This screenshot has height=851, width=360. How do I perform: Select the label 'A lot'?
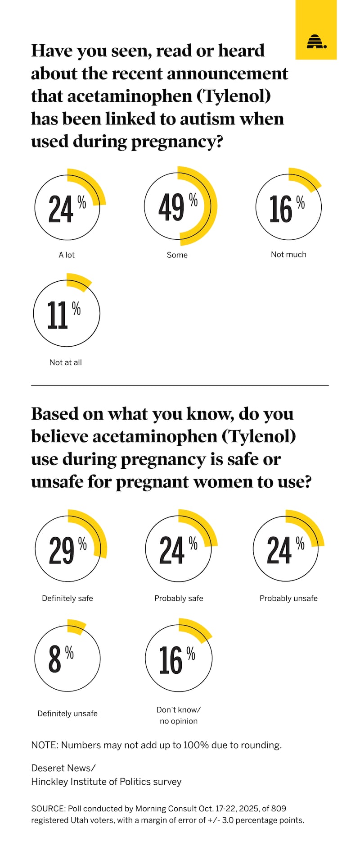click(x=67, y=255)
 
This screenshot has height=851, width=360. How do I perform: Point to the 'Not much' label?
click(x=288, y=254)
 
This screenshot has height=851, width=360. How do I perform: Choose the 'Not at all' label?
click(x=66, y=362)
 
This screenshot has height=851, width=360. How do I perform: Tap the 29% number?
click(x=62, y=550)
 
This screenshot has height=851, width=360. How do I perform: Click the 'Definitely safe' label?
click(x=67, y=598)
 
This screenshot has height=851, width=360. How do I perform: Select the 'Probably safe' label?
click(x=179, y=598)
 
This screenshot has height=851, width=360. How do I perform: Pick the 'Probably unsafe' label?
click(x=288, y=598)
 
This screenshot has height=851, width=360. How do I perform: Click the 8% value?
click(x=55, y=659)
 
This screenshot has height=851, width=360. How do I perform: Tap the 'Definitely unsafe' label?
click(x=67, y=714)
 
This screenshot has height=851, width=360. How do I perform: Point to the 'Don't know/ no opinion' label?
click(x=179, y=715)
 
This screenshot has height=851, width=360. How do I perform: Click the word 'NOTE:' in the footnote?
click(x=45, y=745)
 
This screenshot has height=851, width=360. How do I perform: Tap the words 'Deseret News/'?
click(x=63, y=768)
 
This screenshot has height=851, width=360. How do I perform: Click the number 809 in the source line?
click(x=279, y=809)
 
